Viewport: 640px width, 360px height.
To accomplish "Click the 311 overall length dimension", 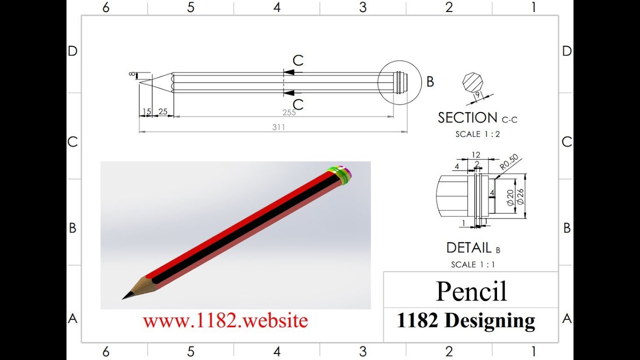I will coord(278,127).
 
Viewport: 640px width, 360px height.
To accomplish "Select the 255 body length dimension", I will coord(289,112).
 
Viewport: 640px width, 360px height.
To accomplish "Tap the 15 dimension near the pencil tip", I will coord(146,111).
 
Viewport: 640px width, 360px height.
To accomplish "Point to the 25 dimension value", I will coord(162,111).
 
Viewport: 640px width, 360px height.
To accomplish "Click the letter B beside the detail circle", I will coord(430,82).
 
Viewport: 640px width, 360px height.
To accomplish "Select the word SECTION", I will coord(467,118).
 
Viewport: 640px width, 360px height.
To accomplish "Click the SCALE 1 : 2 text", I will coord(477,134).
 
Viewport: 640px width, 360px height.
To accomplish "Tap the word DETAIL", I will coord(468,247).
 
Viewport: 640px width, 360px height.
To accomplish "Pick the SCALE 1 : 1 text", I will coord(473,264).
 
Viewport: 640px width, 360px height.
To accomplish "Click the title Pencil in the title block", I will coord(471,291).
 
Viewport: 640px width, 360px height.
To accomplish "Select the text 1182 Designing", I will coord(465,320).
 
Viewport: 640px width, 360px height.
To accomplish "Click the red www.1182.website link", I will coord(225,320).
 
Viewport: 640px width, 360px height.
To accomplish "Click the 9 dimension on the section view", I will coord(477,93).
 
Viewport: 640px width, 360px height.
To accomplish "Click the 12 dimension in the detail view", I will coord(476,155).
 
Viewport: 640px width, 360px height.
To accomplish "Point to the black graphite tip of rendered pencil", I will coord(127,295).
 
